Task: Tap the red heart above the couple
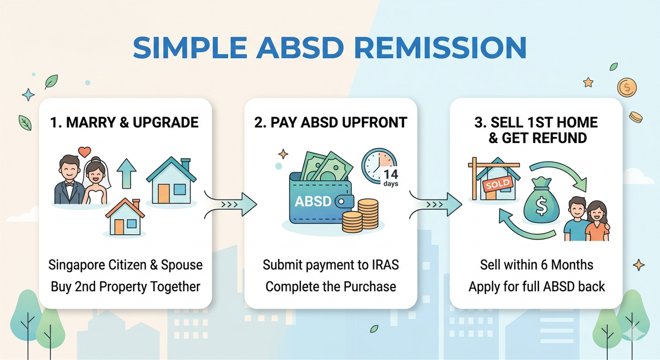[84, 151]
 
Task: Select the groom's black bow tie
[70, 184]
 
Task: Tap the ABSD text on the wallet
[313, 201]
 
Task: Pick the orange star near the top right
[588, 82]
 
